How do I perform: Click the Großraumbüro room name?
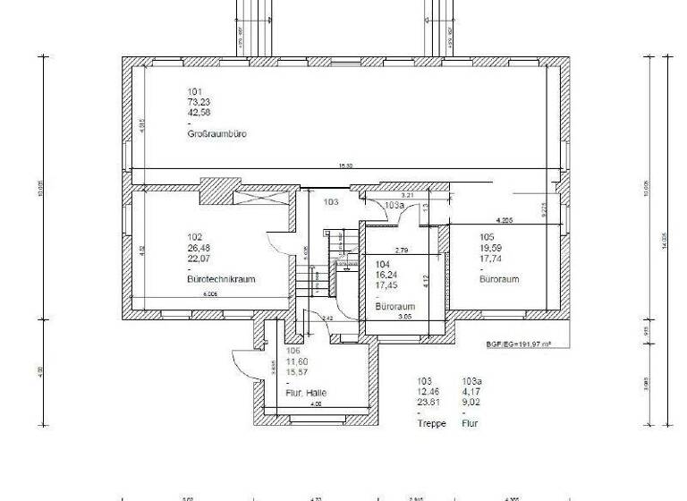coord(216,134)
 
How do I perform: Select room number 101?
coord(195,91)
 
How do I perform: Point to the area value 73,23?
coord(198,102)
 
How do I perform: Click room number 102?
coord(195,237)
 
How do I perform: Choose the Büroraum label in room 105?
coord(499,279)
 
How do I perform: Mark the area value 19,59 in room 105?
coord(490,248)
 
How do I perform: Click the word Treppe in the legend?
coord(431,423)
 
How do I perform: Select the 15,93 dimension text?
coord(344,166)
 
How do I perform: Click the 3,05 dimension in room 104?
coord(404,316)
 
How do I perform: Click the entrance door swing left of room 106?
coord(242,362)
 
